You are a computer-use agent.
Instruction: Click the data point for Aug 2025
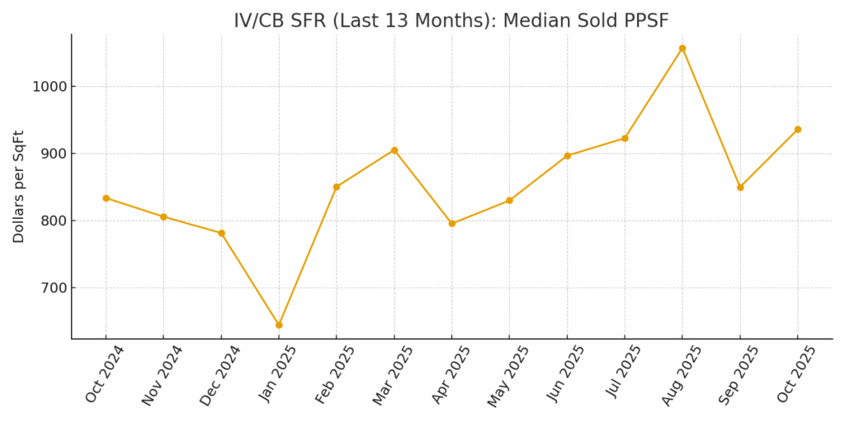pos(682,48)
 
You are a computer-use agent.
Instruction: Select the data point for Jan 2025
pos(279,325)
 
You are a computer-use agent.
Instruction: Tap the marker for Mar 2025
pos(394,150)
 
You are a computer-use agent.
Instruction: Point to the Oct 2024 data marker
pos(106,198)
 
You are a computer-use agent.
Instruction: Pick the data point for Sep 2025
pos(740,187)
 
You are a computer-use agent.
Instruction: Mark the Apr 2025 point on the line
pos(452,223)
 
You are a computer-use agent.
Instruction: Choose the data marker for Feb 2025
pos(337,187)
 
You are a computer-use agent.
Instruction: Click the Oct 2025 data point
pos(798,129)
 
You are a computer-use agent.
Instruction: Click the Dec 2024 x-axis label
pos(220,375)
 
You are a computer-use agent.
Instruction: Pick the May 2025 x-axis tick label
pos(508,376)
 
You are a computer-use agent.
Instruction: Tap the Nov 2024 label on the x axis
pos(162,375)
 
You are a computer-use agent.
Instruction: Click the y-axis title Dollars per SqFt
pos(19,186)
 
